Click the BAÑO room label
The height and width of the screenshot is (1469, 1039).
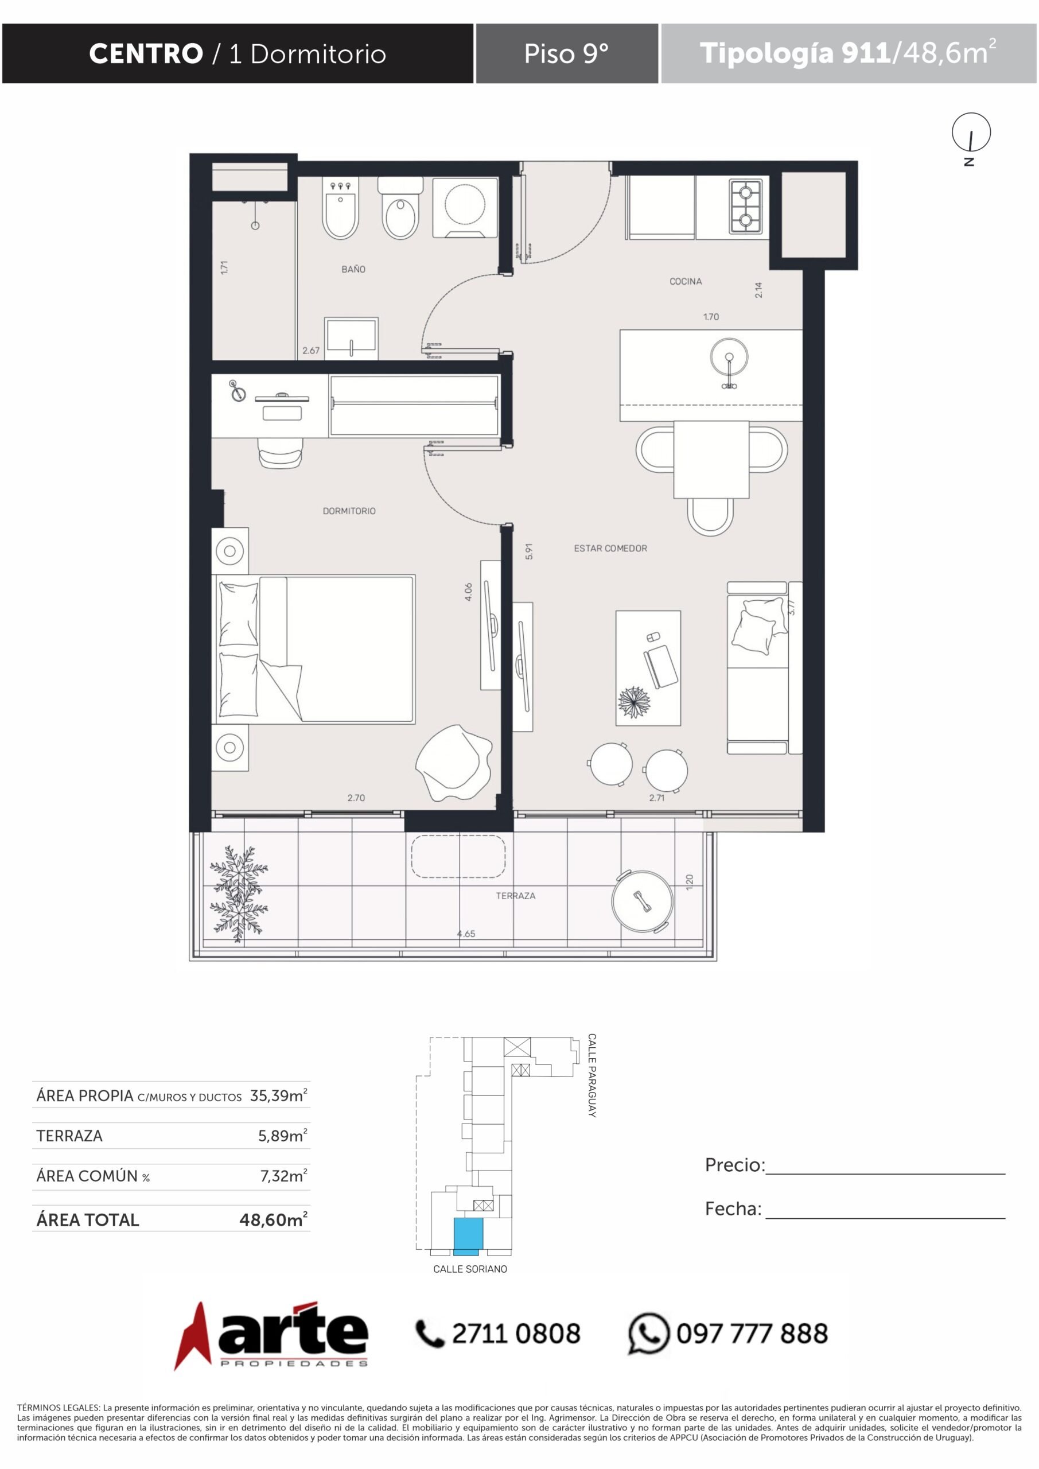click(353, 269)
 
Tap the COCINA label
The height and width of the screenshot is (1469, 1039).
click(685, 282)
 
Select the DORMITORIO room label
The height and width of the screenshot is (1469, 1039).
click(349, 511)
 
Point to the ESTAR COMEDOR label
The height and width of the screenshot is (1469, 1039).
click(610, 549)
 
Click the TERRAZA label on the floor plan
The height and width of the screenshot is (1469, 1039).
click(516, 896)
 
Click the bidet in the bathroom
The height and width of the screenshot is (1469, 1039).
click(341, 208)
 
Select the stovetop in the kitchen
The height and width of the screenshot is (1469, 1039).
click(745, 206)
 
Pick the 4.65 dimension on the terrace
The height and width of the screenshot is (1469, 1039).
click(466, 934)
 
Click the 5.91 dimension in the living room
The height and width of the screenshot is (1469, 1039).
click(528, 551)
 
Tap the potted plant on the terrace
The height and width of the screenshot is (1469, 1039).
click(238, 893)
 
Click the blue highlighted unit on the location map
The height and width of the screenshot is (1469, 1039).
click(468, 1236)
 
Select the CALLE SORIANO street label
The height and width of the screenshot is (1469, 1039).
click(470, 1269)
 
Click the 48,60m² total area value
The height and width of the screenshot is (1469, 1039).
click(273, 1219)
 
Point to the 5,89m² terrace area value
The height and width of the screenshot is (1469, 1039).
click(282, 1136)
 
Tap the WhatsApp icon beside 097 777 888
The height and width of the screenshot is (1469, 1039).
click(648, 1334)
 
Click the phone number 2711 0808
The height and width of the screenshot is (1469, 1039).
click(516, 1334)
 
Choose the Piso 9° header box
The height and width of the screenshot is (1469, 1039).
click(567, 54)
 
